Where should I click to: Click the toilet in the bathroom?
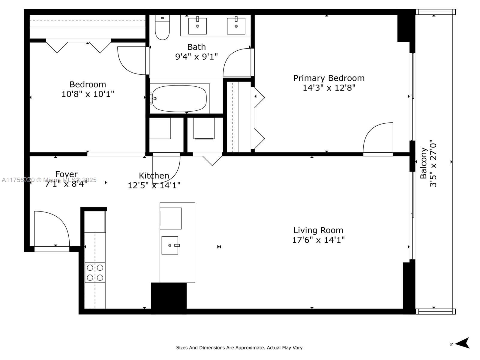162,28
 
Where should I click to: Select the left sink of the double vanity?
197,26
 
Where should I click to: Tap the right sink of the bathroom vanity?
236,26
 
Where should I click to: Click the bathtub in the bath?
179,99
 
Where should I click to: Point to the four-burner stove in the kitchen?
95,272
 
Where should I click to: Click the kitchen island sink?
170,245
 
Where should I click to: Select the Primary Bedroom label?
329,78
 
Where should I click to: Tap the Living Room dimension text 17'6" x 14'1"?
318,240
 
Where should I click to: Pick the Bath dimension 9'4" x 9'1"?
196,56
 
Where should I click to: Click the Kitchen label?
154,175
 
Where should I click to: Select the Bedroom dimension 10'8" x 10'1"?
88,94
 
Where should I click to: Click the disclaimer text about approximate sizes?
240,348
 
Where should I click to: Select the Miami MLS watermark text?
49,180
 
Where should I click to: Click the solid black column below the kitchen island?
169,295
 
